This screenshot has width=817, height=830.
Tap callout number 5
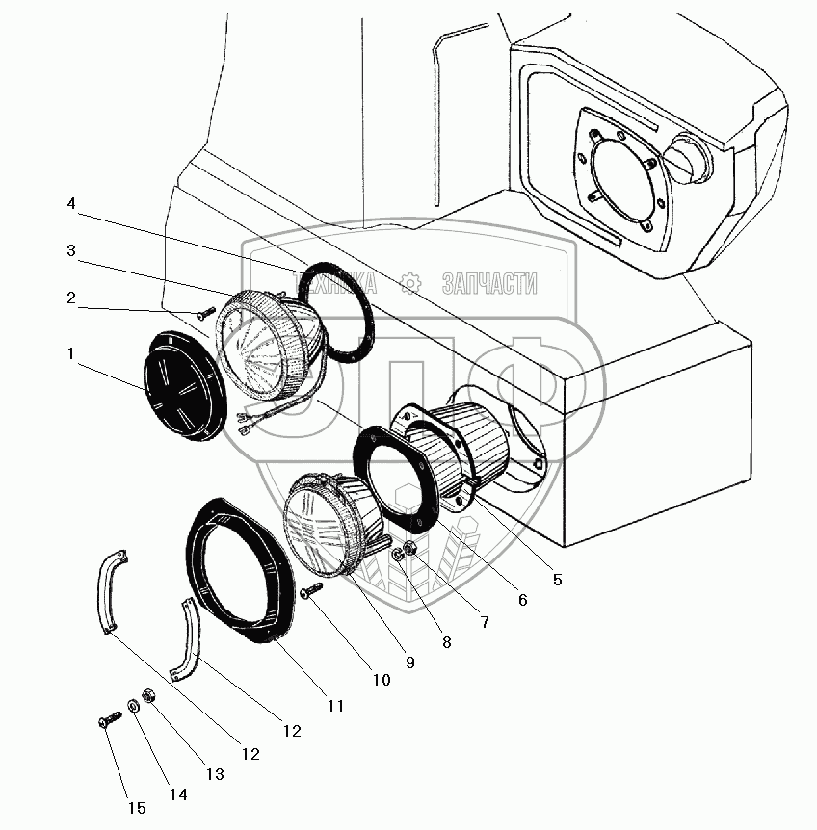click(558, 580)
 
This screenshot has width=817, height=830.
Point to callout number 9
click(409, 662)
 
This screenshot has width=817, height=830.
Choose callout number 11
click(334, 706)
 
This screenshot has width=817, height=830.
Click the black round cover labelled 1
click(186, 388)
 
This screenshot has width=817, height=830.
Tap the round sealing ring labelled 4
click(336, 312)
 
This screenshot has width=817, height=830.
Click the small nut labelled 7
click(408, 551)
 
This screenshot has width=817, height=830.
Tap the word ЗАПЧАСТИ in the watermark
click(488, 283)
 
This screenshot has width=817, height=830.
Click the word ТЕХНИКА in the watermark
click(339, 283)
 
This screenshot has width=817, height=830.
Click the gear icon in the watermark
click(411, 283)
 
